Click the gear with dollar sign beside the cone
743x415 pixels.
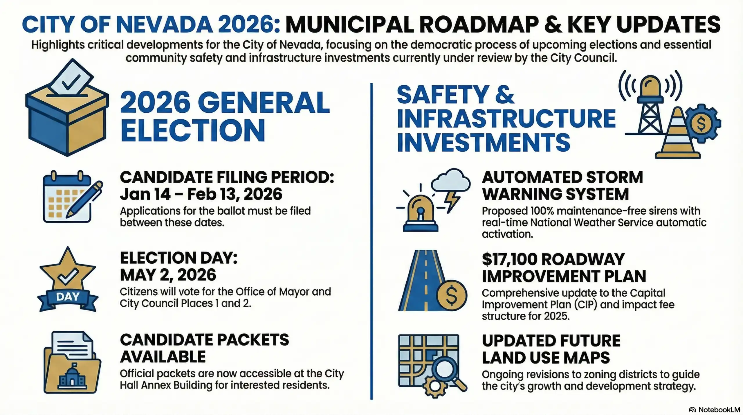(702, 123)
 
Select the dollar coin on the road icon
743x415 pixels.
(452, 295)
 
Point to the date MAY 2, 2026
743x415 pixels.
(168, 275)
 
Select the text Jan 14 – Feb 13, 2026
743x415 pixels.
(201, 194)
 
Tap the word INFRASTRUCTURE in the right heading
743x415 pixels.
(506, 118)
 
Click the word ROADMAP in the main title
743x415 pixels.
(476, 24)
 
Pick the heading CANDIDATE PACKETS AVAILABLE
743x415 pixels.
(204, 348)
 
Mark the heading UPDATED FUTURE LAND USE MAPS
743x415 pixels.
(551, 349)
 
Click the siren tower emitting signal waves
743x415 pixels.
(650, 105)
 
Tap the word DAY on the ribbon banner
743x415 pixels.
(68, 297)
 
